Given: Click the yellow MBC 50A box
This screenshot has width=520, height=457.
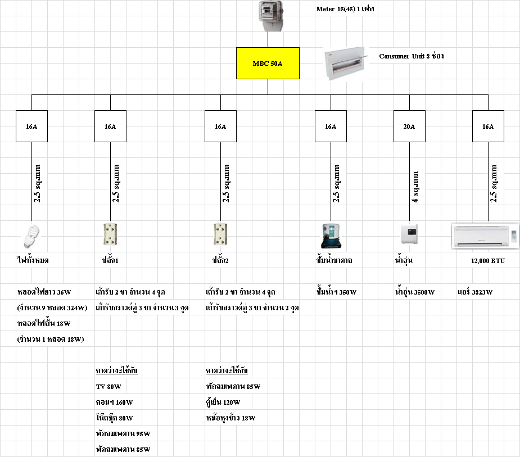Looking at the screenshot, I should (268, 63).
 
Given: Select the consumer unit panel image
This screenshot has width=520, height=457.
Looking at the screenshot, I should (345, 63).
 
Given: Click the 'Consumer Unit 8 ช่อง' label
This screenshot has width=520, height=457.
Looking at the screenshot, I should (412, 56).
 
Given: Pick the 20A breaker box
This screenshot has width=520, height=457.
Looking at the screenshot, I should (409, 126).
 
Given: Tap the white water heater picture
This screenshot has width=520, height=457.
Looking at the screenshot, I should (409, 234).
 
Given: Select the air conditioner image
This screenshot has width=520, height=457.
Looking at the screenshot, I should (486, 236).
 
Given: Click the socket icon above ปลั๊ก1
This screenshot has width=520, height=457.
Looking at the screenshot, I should (109, 235).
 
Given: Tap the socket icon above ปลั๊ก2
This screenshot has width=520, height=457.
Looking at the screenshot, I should (220, 235).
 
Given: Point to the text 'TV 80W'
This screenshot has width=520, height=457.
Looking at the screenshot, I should (108, 387).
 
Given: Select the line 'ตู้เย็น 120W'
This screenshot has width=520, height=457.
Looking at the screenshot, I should (223, 402).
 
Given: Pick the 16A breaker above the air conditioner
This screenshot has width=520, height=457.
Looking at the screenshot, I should (489, 126).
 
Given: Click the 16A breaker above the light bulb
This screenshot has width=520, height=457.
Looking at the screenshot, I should (31, 126).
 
